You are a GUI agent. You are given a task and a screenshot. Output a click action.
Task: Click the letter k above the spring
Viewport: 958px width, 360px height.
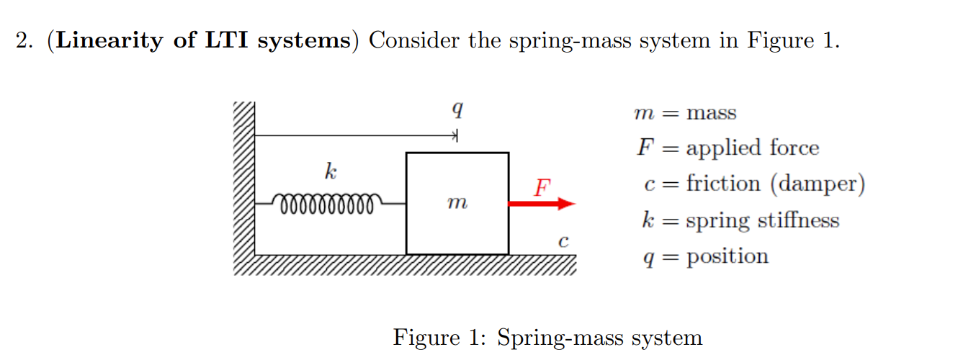coord(330,172)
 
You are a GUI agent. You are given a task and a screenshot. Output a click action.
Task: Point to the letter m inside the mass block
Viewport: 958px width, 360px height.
coord(457,204)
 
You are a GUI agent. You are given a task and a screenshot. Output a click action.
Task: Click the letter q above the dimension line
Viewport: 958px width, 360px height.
coord(456,110)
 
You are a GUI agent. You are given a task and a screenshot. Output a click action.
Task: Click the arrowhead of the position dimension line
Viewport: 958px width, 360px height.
coord(454,135)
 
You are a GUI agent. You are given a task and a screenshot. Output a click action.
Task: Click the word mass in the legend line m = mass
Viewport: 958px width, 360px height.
coord(712,113)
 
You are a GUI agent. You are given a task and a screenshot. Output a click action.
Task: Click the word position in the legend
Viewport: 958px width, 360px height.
coord(728,257)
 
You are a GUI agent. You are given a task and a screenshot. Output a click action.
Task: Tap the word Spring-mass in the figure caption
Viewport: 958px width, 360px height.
coord(553,338)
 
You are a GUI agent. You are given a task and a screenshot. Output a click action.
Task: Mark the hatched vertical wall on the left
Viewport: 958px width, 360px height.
coord(244,180)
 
